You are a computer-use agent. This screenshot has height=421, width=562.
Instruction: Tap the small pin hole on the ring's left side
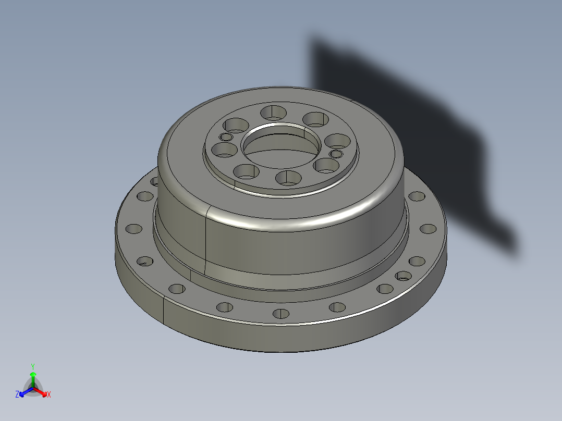226,137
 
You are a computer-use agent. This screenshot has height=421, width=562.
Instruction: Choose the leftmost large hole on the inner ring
225,151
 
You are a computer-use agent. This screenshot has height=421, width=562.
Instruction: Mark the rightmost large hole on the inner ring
338,141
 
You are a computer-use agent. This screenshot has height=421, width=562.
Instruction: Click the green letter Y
33,366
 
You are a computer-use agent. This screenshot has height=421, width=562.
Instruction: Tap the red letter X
49,395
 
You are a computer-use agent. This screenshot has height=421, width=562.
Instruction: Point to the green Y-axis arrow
33,378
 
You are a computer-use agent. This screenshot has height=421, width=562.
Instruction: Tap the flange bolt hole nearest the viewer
281,314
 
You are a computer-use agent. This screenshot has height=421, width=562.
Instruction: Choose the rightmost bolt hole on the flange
427,228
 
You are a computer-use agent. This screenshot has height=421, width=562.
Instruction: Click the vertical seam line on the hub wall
206,240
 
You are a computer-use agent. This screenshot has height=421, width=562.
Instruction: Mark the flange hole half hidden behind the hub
154,181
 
